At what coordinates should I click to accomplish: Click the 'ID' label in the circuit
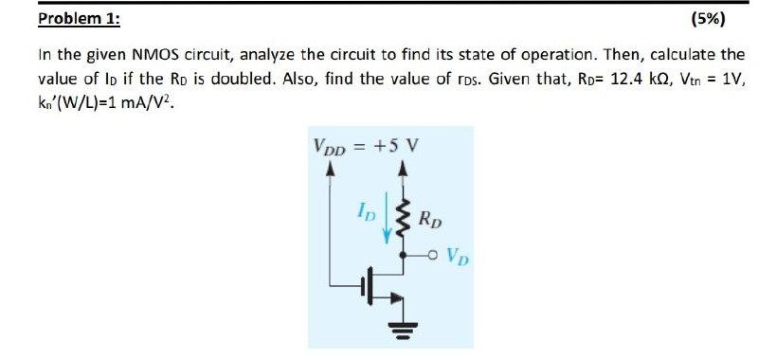click(x=368, y=208)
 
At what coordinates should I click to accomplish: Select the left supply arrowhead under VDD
click(x=330, y=171)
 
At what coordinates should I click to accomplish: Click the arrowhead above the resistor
click(x=405, y=171)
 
